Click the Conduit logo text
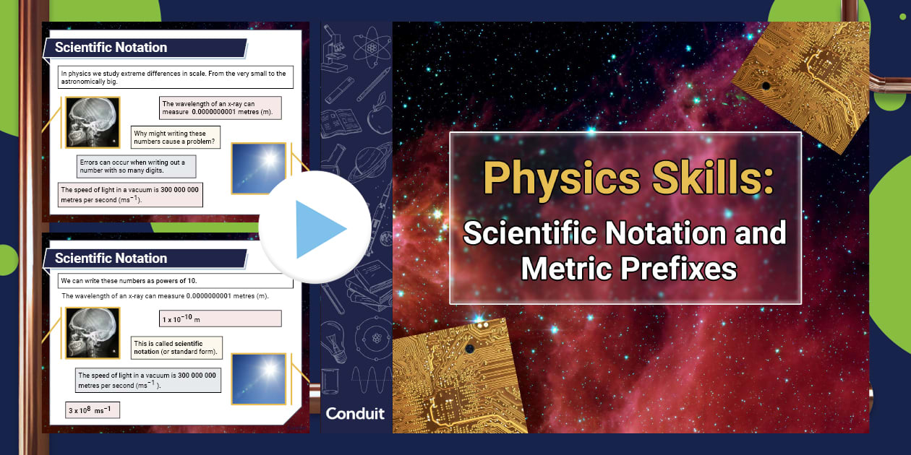355,414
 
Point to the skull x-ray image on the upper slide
93,123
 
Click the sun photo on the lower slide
259,378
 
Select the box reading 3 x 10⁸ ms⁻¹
93,410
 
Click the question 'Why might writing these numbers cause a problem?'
176,137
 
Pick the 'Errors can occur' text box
137,167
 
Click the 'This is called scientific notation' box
176,347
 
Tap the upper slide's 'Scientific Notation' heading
111,48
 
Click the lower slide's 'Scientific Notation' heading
111,259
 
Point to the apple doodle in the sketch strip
377,118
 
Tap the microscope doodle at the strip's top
334,51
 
